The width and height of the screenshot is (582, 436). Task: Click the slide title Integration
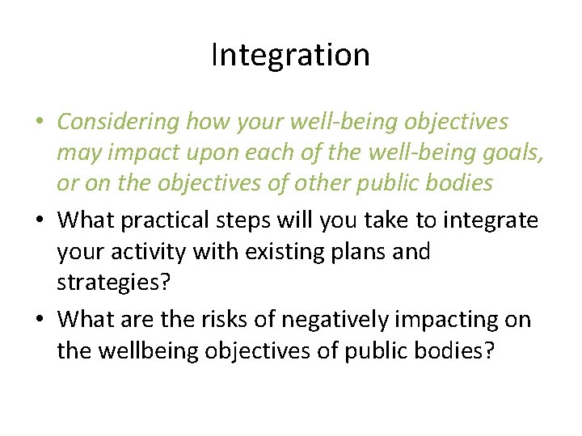290,55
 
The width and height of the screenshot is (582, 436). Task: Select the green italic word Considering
119,122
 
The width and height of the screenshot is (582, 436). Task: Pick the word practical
175,220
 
